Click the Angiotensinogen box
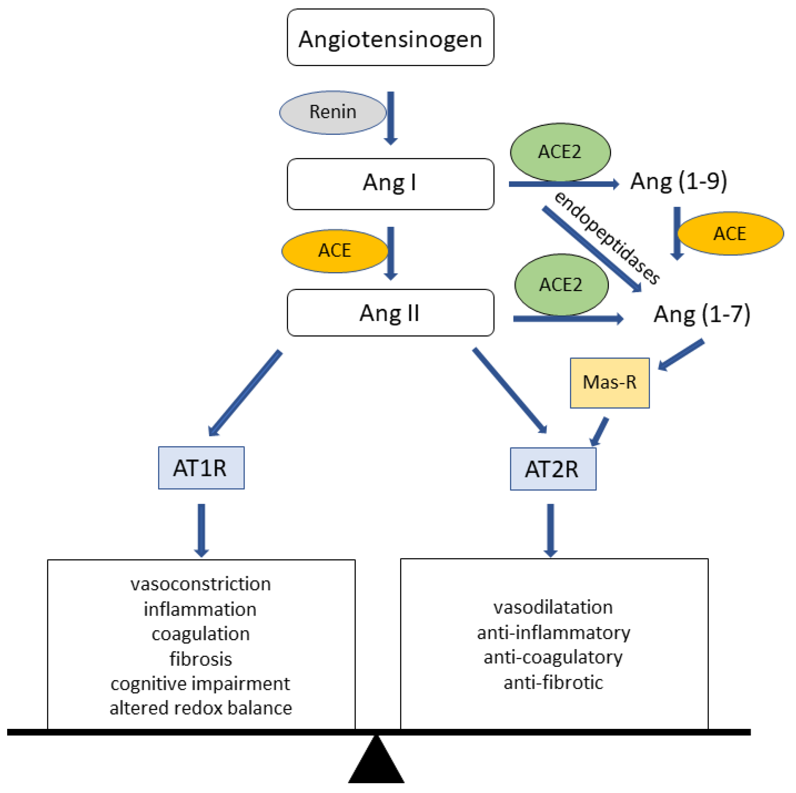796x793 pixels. pyautogui.click(x=390, y=38)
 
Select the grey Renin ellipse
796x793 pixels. pyautogui.click(x=332, y=112)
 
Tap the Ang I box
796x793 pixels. pyautogui.click(x=390, y=184)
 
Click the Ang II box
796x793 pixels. pyautogui.click(x=390, y=313)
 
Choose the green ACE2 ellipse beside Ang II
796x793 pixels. pyautogui.click(x=561, y=284)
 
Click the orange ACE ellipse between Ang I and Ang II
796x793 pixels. pyautogui.click(x=334, y=251)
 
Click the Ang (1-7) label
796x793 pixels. pyautogui.click(x=701, y=314)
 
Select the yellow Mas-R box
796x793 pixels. pyautogui.click(x=609, y=383)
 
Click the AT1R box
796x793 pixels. pyautogui.click(x=201, y=468)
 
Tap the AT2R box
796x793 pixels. pyautogui.click(x=553, y=469)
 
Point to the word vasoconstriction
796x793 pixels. pyautogui.click(x=201, y=584)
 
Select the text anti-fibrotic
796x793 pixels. pyautogui.click(x=553, y=683)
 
